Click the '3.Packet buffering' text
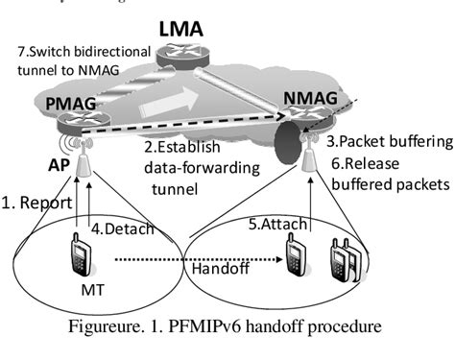coord(388,141)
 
